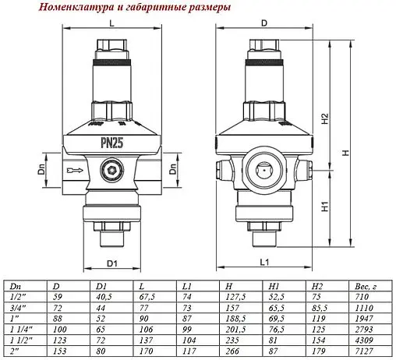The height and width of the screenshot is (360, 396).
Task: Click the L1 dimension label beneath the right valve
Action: (263, 261)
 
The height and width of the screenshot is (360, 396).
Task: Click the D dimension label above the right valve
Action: (263, 23)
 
